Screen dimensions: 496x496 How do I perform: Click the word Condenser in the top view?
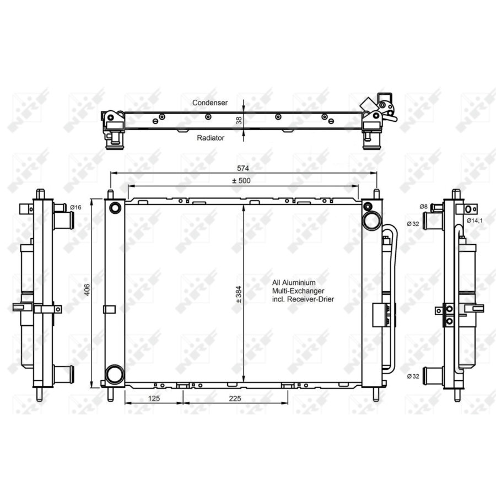210,103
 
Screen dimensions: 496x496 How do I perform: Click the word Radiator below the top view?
211,138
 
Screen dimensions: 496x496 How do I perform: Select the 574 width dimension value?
243,168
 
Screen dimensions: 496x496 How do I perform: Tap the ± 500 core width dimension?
241,181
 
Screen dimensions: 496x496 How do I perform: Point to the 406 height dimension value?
87,290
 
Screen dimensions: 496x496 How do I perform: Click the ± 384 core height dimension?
239,294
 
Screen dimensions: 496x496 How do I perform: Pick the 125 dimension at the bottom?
154,398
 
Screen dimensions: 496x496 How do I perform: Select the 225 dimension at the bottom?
235,398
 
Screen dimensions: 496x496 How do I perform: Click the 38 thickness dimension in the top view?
239,121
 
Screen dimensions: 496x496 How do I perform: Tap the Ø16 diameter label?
76,208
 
